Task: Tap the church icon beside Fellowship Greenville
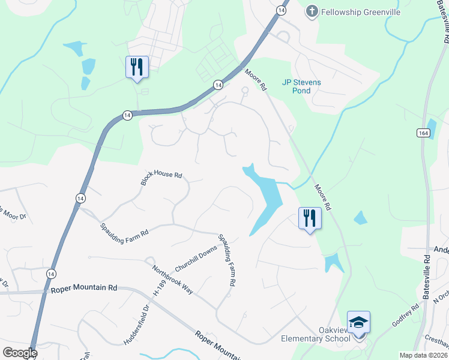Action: click(312, 11)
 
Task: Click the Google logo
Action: click(20, 353)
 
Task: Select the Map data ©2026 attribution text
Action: click(424, 355)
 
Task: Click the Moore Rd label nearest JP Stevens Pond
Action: click(255, 79)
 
